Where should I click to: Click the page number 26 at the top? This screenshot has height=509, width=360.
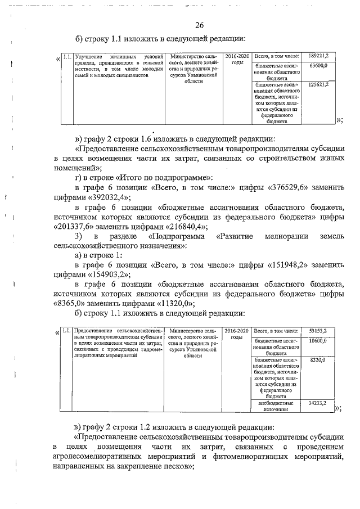[199, 24]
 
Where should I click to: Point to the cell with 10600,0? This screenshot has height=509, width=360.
[318, 341]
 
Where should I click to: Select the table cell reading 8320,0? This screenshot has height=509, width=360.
[318, 359]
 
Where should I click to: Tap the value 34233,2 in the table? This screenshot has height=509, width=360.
[318, 403]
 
